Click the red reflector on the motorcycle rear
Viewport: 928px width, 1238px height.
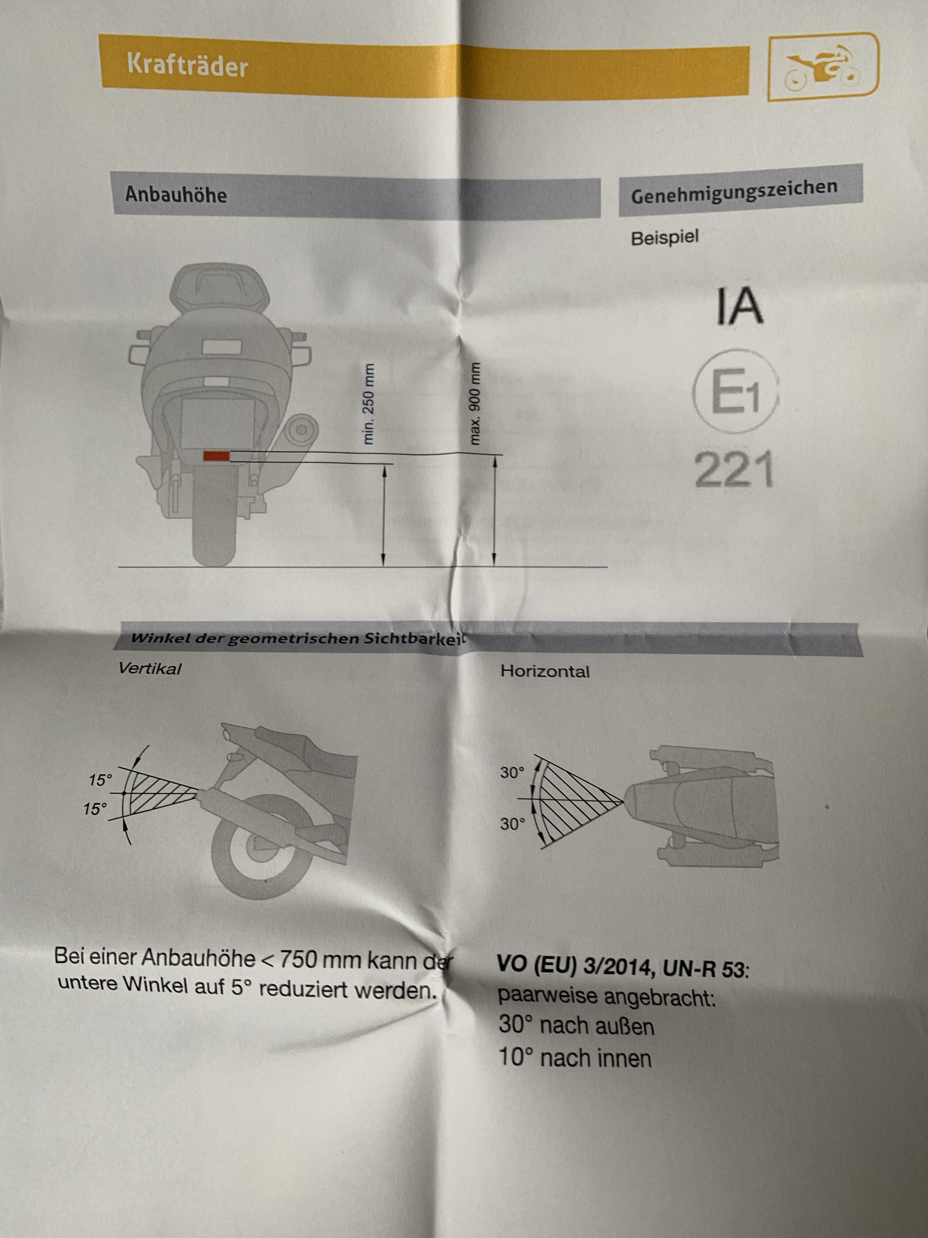coord(216,456)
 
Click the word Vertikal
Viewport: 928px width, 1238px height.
coord(150,669)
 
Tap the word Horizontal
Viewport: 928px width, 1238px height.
coord(545,671)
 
